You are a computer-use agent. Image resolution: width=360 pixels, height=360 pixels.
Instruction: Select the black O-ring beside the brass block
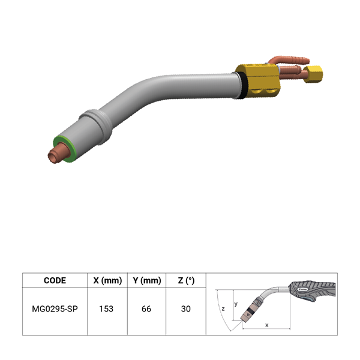coord(242,85)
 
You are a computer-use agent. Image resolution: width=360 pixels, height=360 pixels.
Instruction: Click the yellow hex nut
coord(313,74)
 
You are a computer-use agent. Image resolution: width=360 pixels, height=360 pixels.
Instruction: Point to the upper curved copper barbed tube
coord(289,59)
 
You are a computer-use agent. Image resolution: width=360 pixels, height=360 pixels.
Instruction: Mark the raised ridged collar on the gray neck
coord(97,126)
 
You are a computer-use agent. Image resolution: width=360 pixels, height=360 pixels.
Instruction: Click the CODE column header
coord(55,280)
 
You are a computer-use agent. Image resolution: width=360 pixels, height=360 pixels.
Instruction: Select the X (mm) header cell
coord(107,280)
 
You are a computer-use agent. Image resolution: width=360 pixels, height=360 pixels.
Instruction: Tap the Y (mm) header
coord(147,280)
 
